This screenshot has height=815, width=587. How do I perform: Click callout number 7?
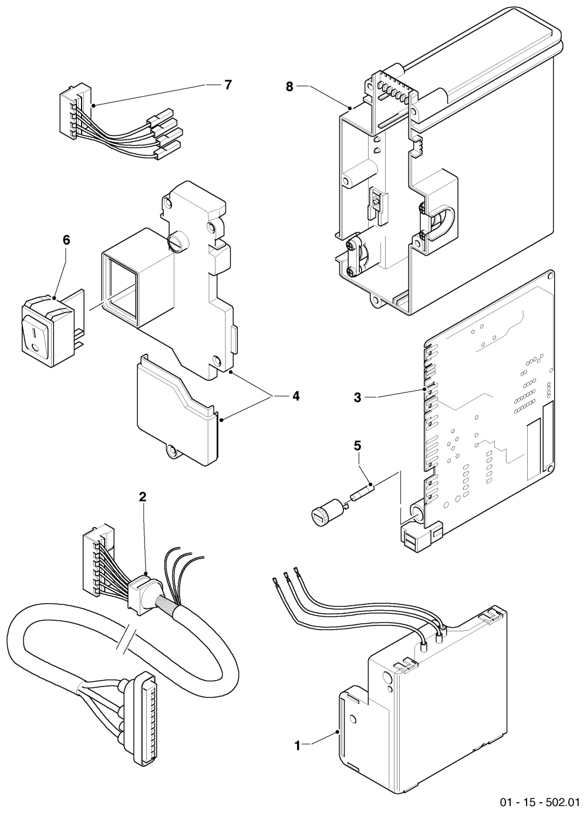tap(228, 84)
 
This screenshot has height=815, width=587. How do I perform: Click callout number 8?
tap(289, 87)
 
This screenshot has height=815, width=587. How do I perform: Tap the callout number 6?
tap(66, 240)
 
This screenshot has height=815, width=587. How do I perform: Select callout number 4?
tap(296, 396)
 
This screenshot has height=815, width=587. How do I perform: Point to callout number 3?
tap(357, 398)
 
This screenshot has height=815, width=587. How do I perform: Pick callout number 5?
tap(357, 446)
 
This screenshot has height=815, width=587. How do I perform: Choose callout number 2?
tap(143, 496)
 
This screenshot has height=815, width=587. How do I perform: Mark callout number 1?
tap(298, 743)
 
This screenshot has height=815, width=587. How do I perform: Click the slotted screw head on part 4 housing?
tap(177, 242)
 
